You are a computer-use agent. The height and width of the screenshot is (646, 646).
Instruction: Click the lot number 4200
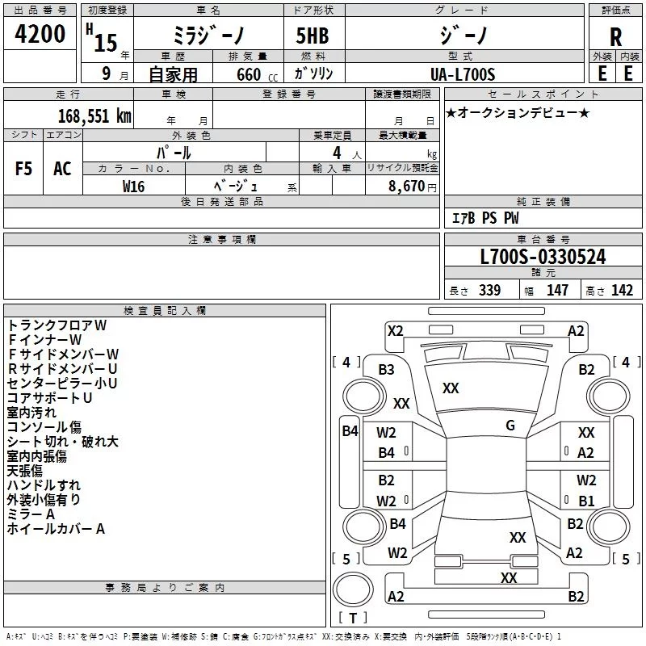(x=40, y=34)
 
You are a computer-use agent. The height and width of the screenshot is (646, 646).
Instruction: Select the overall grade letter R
(x=615, y=37)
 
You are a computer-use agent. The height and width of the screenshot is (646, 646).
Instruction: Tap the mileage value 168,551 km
(x=94, y=116)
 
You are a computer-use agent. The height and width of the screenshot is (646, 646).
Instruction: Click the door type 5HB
(x=313, y=36)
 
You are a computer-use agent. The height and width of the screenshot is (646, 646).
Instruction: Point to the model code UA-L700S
(x=463, y=74)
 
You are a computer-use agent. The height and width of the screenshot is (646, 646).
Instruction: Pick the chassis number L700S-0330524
(x=543, y=257)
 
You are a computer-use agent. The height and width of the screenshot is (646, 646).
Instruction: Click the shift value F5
(x=23, y=169)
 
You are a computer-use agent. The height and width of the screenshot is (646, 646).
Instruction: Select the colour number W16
(x=133, y=187)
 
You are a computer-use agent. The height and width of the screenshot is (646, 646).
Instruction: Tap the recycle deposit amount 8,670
(x=406, y=187)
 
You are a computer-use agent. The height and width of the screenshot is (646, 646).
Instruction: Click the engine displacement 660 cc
(x=257, y=74)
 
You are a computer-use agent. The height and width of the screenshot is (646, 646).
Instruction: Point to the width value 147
(x=557, y=290)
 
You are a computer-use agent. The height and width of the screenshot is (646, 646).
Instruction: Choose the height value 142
(x=622, y=290)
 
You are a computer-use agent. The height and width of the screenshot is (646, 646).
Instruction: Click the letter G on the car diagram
(x=510, y=426)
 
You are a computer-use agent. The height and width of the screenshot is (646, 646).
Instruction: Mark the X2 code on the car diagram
(x=395, y=331)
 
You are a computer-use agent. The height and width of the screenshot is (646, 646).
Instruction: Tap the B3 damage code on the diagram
(x=386, y=370)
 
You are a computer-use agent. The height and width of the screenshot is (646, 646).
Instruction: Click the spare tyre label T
(x=353, y=618)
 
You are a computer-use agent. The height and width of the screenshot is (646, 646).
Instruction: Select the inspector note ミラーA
(x=31, y=514)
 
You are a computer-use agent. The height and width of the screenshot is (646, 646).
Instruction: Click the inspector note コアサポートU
(x=49, y=398)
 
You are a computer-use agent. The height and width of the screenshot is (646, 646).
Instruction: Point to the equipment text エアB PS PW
(x=485, y=218)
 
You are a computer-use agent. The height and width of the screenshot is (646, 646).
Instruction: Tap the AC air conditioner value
(x=62, y=169)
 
